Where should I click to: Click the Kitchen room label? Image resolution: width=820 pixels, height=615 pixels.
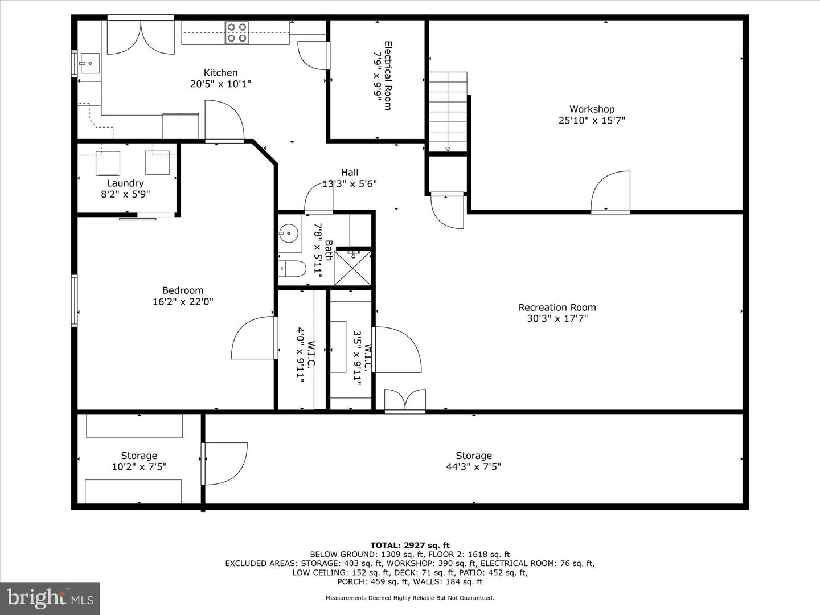220,73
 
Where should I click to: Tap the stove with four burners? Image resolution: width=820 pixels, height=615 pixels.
236,32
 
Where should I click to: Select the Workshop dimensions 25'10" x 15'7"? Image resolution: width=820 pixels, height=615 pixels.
592,120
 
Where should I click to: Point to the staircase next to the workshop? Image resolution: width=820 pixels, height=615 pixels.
448,112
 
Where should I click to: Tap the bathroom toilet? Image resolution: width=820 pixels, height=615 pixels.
293,268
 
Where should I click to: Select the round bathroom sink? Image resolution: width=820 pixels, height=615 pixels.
289,233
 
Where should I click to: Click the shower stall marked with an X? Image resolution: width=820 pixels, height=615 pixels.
352,268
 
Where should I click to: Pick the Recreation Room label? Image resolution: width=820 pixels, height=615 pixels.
557,307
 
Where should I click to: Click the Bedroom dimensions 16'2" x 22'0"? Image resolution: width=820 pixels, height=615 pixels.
183,302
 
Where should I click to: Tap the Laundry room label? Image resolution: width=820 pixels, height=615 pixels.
125,183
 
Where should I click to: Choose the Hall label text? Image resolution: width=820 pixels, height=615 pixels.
350,173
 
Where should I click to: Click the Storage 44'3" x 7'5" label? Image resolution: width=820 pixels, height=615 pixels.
473,461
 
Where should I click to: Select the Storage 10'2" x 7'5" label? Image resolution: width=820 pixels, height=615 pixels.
139,461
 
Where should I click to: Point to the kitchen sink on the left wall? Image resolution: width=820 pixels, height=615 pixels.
88,63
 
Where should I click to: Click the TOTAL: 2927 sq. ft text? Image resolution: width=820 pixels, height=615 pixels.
410,546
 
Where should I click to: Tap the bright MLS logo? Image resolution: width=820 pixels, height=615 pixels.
50,598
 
